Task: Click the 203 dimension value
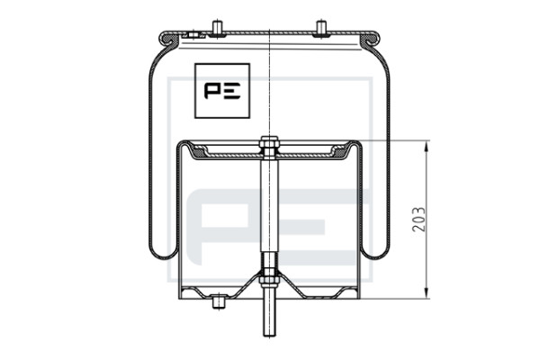point(418,219)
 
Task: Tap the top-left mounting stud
point(217,29)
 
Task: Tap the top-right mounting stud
point(321,29)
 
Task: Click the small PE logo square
point(222,91)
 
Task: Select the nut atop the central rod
point(269,141)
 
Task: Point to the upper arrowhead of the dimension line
point(427,146)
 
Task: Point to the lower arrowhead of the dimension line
point(427,293)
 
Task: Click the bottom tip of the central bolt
point(269,336)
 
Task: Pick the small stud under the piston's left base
point(218,302)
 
